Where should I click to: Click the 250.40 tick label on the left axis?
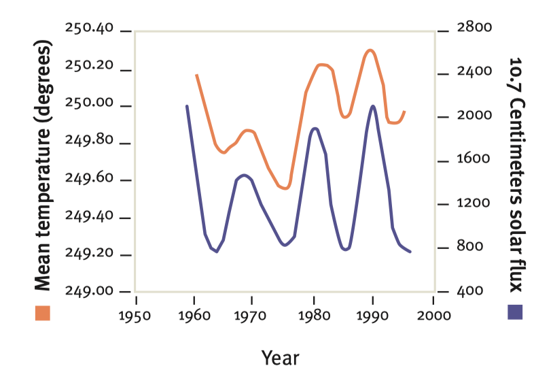click(x=89, y=28)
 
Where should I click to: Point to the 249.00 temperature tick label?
click(x=89, y=291)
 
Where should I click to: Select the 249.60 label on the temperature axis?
click(x=89, y=178)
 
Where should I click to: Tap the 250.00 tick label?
click(x=89, y=102)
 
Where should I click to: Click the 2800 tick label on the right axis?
click(x=474, y=27)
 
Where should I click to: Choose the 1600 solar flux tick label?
click(x=473, y=159)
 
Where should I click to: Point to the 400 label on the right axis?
click(x=470, y=291)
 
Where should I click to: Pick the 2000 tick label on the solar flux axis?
click(x=474, y=115)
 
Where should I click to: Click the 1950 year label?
click(x=135, y=316)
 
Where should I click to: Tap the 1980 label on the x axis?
click(x=314, y=316)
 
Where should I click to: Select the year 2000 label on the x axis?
click(x=434, y=316)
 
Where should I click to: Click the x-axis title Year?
click(x=281, y=358)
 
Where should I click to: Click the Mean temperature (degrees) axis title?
click(x=43, y=165)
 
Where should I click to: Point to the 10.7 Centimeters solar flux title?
click(x=516, y=175)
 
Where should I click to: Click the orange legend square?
click(x=43, y=313)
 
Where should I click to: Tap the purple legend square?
click(x=515, y=312)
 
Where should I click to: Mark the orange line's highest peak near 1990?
click(x=370, y=50)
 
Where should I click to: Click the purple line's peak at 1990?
click(x=373, y=106)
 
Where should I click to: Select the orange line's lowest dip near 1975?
click(x=286, y=188)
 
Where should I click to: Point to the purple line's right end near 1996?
click(x=410, y=252)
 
